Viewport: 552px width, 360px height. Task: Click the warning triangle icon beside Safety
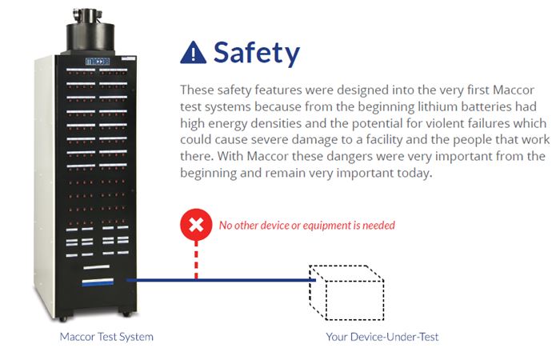pos(194,53)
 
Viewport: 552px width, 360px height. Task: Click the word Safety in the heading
pos(256,53)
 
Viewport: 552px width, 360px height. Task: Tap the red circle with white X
pos(195,225)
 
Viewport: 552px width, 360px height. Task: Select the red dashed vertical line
pos(195,260)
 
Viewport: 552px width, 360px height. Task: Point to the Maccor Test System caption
pos(106,337)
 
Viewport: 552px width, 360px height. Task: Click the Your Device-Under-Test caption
pos(382,337)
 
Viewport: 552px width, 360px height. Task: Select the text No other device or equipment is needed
pos(306,226)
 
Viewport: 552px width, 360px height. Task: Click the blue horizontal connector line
pos(216,280)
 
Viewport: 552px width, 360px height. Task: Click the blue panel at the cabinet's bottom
pos(97,281)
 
